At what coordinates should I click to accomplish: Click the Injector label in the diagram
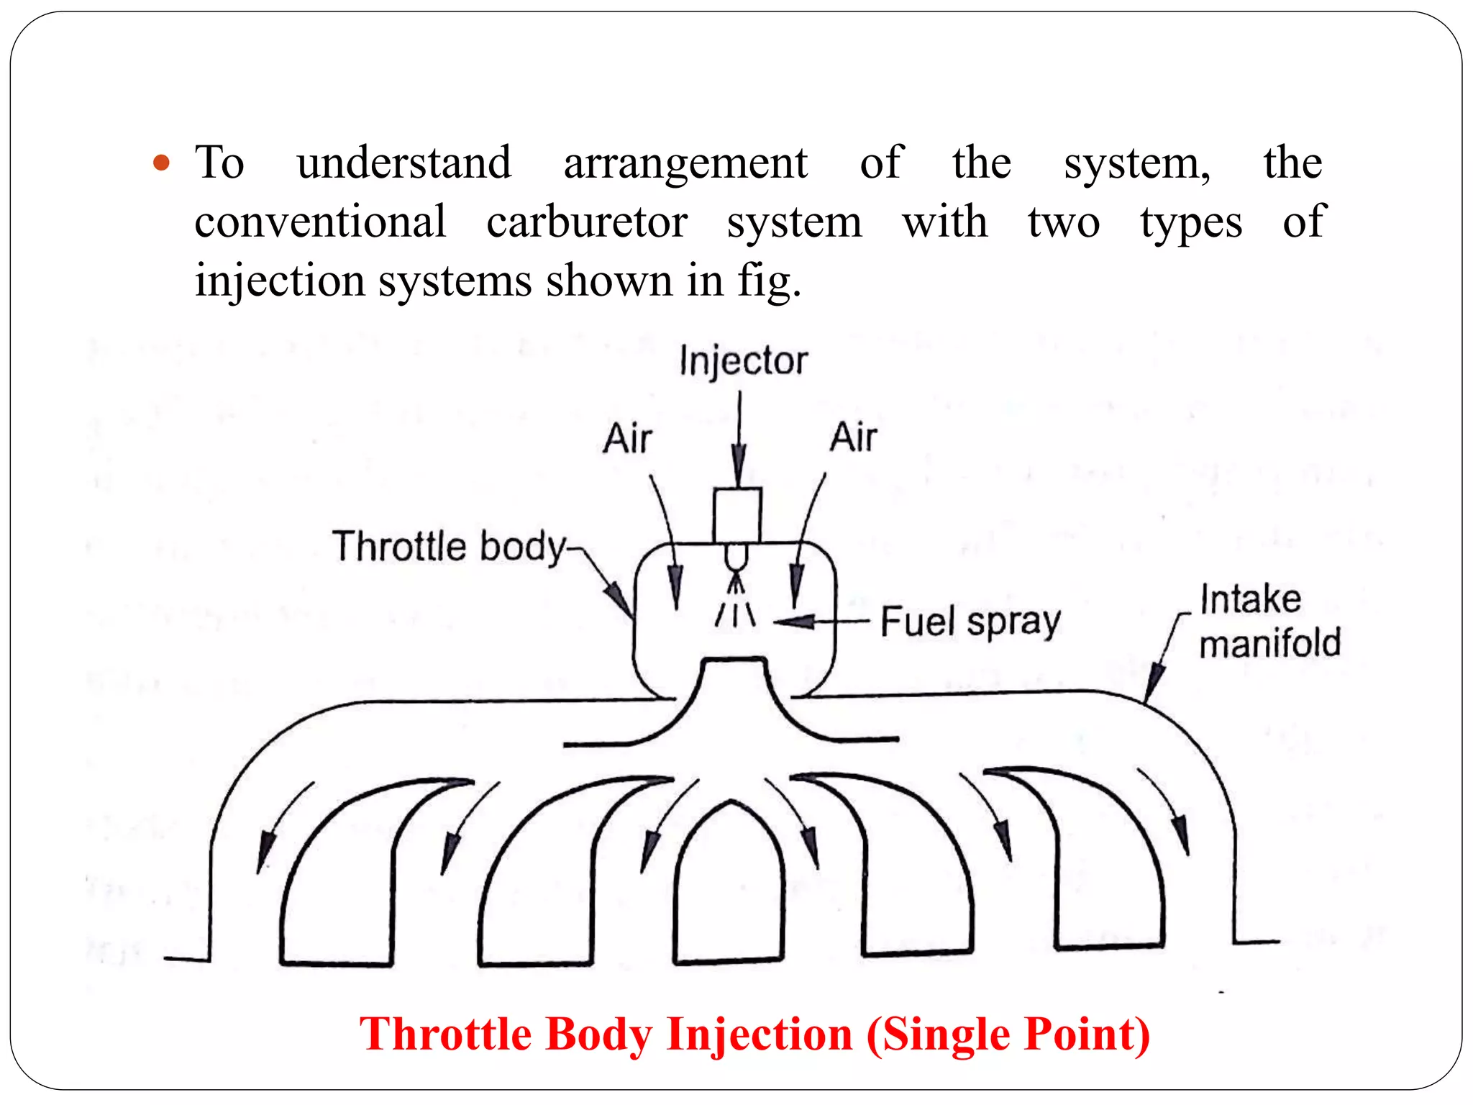[744, 361]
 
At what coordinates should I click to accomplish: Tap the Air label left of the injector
[627, 438]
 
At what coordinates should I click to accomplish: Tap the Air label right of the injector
[854, 437]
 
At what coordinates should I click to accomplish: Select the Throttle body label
[450, 546]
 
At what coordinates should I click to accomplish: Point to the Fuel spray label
[970, 622]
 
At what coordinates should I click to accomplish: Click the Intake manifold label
[1269, 621]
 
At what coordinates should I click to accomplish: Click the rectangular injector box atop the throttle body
[737, 515]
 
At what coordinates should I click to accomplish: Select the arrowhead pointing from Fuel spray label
[795, 621]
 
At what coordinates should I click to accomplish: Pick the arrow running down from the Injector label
[739, 439]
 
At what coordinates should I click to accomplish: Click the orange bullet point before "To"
[162, 163]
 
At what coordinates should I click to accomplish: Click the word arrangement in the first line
[685, 163]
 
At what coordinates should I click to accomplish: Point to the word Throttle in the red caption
[446, 1034]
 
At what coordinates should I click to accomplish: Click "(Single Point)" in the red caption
[1008, 1034]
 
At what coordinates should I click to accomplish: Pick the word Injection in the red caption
[760, 1034]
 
